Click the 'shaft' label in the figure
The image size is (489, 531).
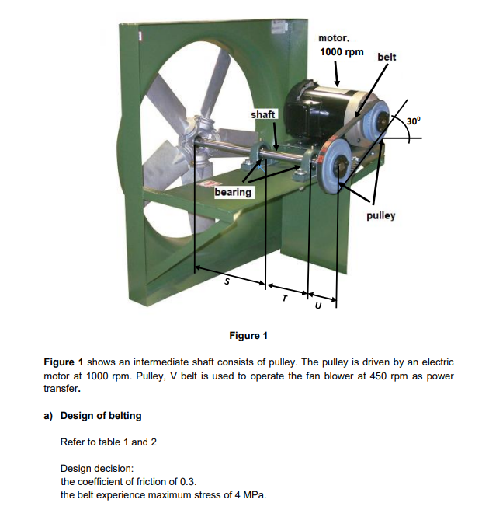point(263,115)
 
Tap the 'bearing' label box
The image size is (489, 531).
point(233,192)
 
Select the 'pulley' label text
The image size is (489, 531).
point(380,215)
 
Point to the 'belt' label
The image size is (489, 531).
point(386,57)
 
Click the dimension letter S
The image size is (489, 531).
point(226,282)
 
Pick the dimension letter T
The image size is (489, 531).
point(284,296)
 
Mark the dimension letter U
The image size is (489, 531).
point(317,306)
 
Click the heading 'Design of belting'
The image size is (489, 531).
point(101,415)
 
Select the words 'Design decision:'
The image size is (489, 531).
point(97,468)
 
